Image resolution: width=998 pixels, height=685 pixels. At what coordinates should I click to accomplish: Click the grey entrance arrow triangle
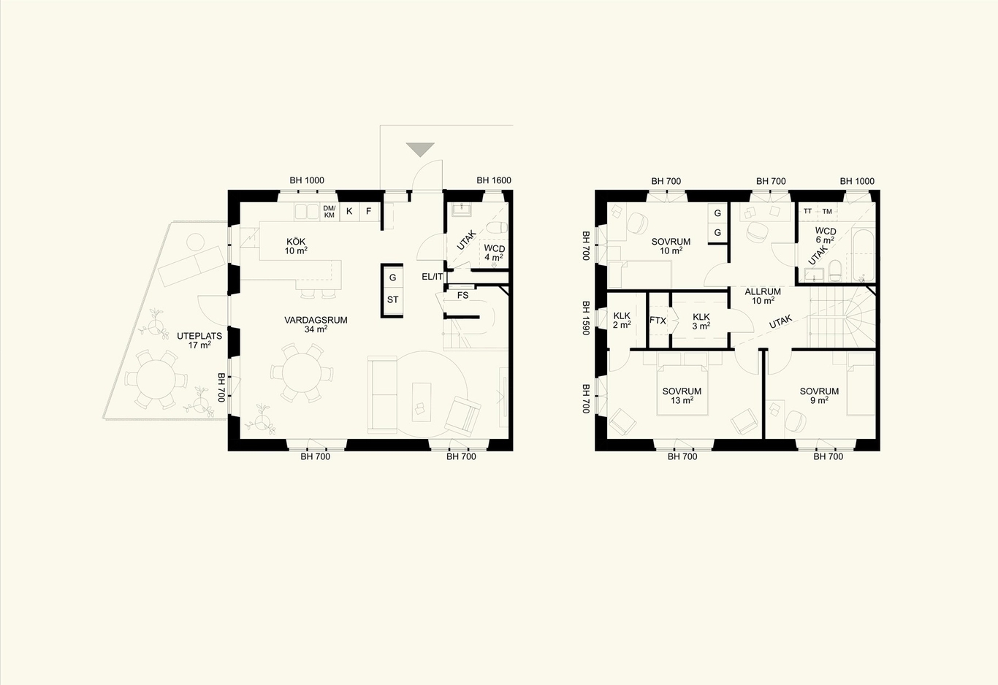420,149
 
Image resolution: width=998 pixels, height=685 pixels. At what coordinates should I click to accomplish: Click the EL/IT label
433,277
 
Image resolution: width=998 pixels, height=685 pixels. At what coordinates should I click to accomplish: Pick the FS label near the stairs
462,295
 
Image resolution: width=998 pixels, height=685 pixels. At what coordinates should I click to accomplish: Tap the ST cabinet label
392,299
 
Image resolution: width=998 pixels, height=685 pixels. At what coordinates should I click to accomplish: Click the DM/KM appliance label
330,212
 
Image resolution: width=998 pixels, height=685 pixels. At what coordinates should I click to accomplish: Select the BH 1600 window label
494,180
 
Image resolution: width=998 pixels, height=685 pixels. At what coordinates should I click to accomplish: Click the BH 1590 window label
587,318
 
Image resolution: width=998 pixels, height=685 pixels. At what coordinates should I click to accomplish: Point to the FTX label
658,321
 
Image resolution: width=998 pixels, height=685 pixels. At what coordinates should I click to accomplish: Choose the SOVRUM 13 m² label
682,396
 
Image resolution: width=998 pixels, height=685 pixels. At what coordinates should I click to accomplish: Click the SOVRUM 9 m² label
819,396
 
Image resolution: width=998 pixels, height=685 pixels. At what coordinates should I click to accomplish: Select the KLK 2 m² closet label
622,321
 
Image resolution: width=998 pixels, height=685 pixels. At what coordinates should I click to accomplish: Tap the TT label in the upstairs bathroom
807,211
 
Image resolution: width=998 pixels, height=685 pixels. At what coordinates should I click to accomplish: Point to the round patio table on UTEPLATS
156,380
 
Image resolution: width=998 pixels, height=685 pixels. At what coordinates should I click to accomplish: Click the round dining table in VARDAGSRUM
302,372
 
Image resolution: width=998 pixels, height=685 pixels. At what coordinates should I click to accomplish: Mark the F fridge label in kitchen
368,211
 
